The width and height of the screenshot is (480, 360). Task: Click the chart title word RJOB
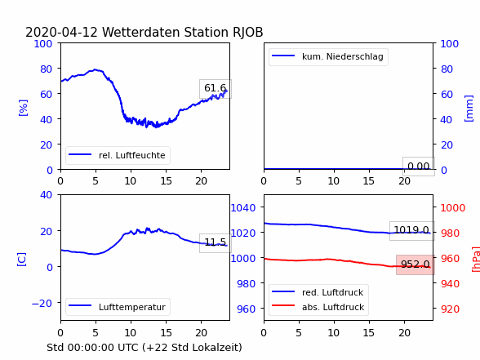click(247, 32)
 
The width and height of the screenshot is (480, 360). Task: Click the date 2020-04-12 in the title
click(61, 32)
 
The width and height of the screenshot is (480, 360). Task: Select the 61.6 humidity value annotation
click(216, 88)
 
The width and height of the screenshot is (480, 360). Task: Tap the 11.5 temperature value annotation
click(216, 242)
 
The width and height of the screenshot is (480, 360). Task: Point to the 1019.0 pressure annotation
click(411, 230)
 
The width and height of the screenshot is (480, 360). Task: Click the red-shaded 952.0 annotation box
click(415, 264)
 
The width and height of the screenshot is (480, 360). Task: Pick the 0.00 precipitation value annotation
click(419, 167)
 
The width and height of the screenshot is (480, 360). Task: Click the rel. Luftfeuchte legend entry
click(118, 155)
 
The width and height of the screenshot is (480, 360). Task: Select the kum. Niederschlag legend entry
click(328, 56)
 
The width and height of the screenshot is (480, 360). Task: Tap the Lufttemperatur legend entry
click(118, 307)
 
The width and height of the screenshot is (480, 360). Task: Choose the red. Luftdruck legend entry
click(318, 292)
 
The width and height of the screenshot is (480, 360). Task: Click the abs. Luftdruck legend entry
click(318, 307)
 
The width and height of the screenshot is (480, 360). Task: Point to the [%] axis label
click(23, 108)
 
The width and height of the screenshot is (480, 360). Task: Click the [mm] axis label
click(469, 109)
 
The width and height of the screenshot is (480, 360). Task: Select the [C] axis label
click(22, 260)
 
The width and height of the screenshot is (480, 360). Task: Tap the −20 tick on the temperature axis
click(42, 304)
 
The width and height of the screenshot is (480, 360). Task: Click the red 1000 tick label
click(453, 208)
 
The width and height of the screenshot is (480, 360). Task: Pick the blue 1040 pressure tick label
click(243, 208)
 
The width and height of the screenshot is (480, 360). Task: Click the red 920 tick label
click(451, 309)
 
